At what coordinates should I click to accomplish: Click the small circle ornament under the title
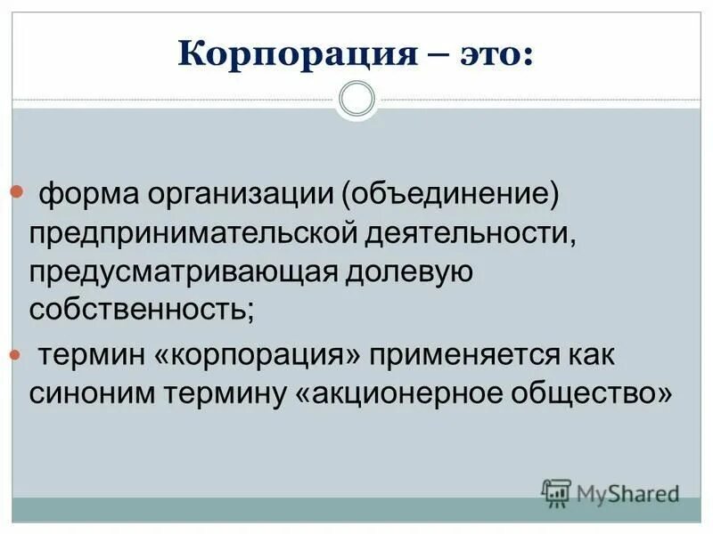pos(356,98)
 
